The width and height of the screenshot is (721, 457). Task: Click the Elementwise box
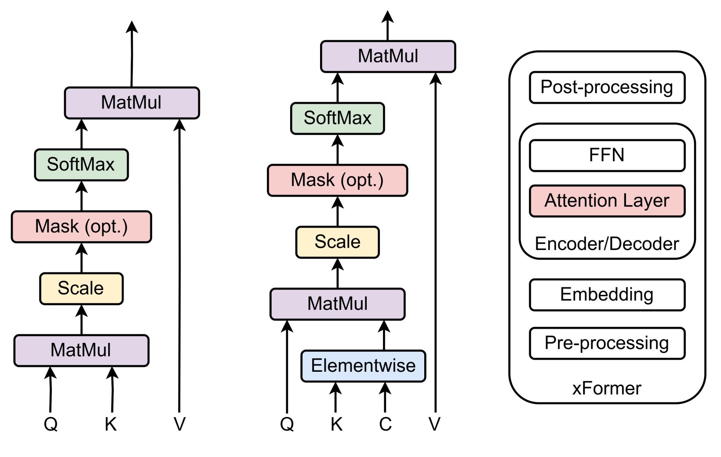click(x=363, y=366)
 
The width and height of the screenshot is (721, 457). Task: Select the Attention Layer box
click(x=607, y=201)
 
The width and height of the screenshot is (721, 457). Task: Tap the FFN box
click(x=607, y=155)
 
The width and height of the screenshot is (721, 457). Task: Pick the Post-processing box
click(x=607, y=87)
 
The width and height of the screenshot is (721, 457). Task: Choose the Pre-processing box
click(x=607, y=343)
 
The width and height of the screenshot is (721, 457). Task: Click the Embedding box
click(x=607, y=294)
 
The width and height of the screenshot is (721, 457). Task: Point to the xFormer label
click(x=607, y=388)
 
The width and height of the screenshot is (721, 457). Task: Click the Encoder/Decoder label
click(x=607, y=244)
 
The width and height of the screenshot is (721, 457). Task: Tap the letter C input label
click(x=385, y=424)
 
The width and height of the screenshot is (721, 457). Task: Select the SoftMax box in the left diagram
click(x=81, y=165)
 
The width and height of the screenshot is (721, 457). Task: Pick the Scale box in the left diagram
click(x=81, y=289)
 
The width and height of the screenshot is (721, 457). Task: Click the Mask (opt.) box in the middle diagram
click(x=337, y=180)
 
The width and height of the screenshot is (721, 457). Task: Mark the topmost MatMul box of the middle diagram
click(x=388, y=56)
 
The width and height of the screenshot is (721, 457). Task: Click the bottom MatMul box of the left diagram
click(x=81, y=350)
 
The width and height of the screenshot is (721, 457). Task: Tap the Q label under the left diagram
click(x=51, y=424)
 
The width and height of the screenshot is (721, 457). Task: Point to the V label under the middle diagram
click(x=434, y=424)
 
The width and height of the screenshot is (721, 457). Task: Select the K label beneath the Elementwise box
click(x=336, y=424)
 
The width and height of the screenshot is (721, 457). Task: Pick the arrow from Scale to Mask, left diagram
click(x=81, y=258)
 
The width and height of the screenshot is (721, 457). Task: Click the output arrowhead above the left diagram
click(x=132, y=27)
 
